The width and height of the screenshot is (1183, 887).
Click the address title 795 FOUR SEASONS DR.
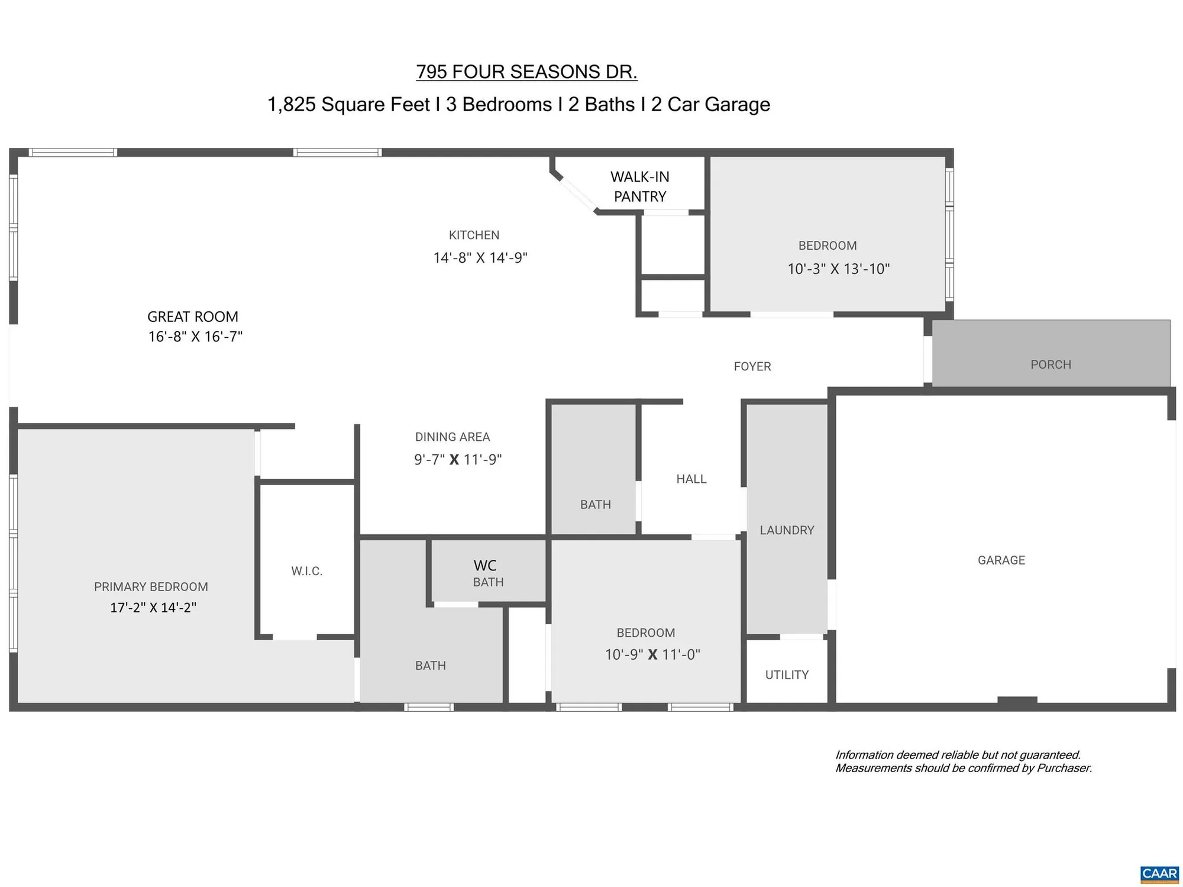point(526,72)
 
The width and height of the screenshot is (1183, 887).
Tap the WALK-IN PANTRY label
point(639,186)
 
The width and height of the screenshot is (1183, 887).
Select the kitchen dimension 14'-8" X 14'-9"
point(480,258)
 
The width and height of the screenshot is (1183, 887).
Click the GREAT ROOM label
point(193,317)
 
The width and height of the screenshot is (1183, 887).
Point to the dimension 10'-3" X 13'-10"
point(838,269)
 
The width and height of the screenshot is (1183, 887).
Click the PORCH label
point(1051,365)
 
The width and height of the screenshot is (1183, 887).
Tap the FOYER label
point(752,366)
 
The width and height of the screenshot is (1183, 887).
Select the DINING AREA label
point(452,437)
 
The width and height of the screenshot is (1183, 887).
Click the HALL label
point(691,479)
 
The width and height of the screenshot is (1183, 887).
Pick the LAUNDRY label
point(787,530)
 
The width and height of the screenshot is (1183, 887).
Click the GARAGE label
point(1001,560)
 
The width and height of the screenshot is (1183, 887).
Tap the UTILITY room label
point(787,675)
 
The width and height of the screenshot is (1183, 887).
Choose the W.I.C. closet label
point(306,571)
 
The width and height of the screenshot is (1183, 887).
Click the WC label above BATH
point(485,566)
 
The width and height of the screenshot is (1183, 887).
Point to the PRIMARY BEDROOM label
point(151,586)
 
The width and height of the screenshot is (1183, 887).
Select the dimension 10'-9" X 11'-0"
point(652,655)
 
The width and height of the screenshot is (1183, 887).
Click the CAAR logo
point(1159,874)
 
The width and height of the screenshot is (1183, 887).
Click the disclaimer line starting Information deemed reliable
point(958,755)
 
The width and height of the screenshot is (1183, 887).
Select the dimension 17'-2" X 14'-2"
point(153,608)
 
